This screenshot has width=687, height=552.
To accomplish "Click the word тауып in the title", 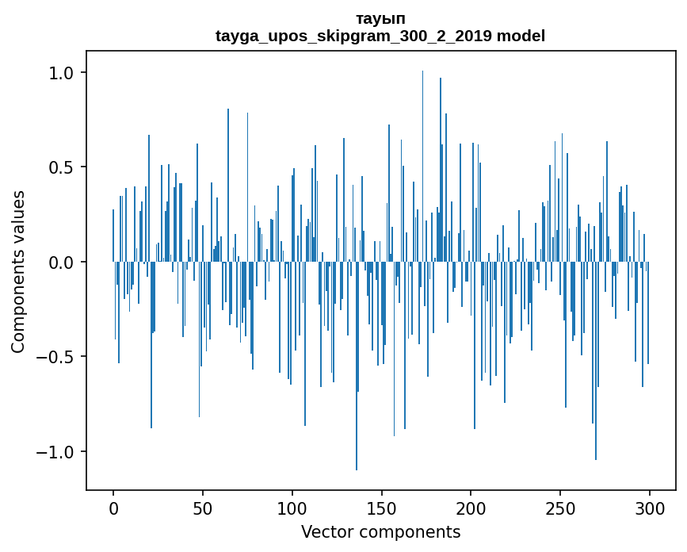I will pyautogui.click(x=380, y=18).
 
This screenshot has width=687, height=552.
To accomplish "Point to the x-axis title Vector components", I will pyautogui.click(x=380, y=531).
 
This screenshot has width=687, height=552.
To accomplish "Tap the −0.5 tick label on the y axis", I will pyautogui.click(x=55, y=357).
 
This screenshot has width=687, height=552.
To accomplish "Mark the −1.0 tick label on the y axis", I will pyautogui.click(x=55, y=452).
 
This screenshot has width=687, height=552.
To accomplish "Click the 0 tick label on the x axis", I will pyautogui.click(x=113, y=508).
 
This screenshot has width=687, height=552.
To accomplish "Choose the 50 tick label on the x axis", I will pyautogui.click(x=203, y=508).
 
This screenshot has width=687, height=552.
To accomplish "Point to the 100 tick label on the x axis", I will pyautogui.click(x=292, y=508).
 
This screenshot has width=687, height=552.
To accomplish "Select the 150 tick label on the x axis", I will pyautogui.click(x=381, y=508).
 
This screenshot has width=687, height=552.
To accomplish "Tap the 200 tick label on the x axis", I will pyautogui.click(x=471, y=508).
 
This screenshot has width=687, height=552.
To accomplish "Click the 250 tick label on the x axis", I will pyautogui.click(x=560, y=508).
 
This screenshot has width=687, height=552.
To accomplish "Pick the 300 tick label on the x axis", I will pyautogui.click(x=650, y=508).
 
